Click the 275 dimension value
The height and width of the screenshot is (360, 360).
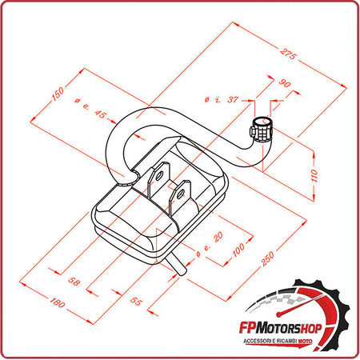click(x=289, y=54)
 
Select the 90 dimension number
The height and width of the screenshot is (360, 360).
click(x=285, y=82)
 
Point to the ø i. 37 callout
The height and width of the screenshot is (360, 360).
click(x=222, y=99)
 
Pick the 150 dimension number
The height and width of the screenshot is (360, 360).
click(x=58, y=93)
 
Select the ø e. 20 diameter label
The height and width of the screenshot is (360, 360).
click(x=210, y=246)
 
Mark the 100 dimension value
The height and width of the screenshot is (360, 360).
click(x=238, y=251)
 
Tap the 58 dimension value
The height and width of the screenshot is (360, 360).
click(x=74, y=282)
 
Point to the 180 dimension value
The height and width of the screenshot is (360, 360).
click(x=57, y=304)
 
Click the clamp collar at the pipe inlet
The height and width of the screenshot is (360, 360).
click(x=262, y=127)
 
